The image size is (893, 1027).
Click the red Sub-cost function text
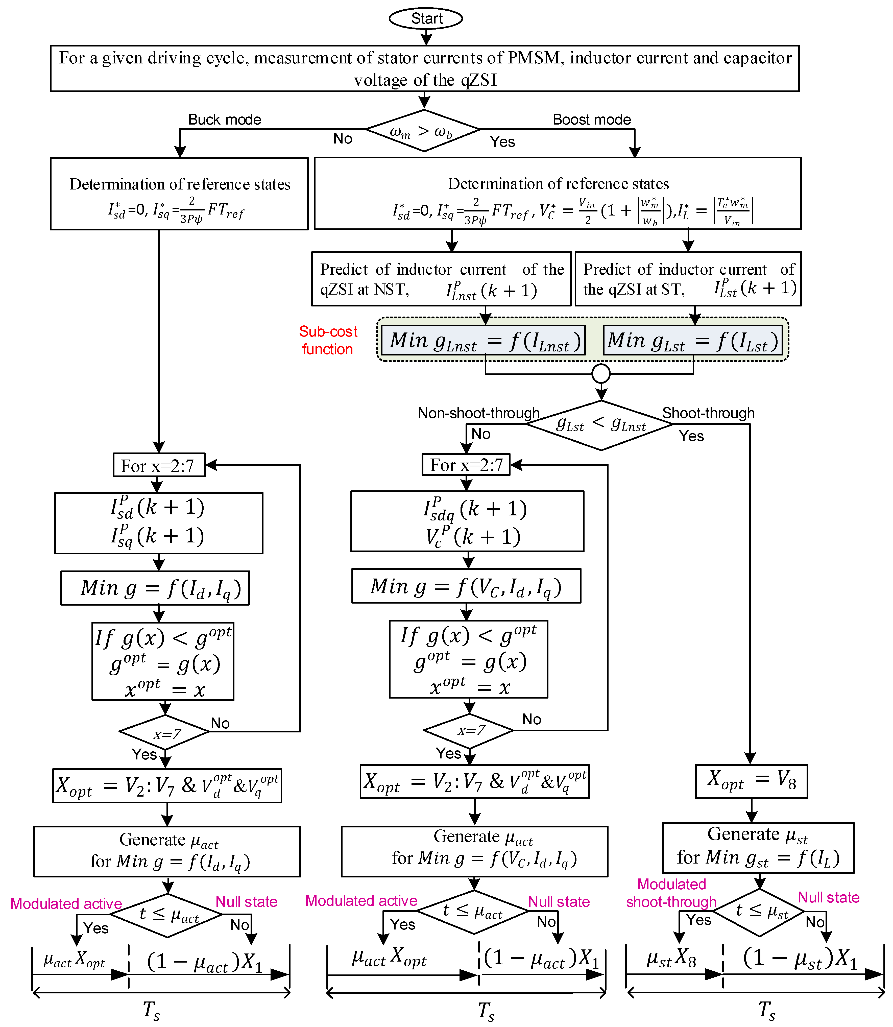(x=328, y=340)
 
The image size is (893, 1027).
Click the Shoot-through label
(x=708, y=413)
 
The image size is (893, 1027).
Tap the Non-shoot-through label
(x=478, y=413)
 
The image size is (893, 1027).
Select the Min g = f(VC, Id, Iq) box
(x=466, y=586)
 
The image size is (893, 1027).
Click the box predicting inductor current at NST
(x=441, y=279)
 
